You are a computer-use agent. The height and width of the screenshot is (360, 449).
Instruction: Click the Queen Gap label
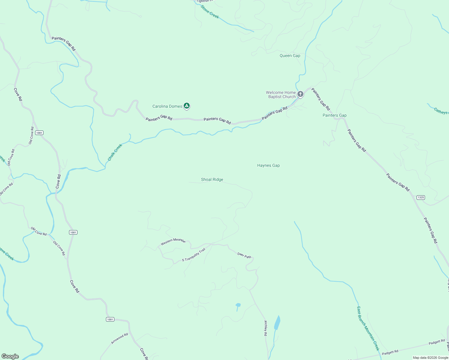pos(290,55)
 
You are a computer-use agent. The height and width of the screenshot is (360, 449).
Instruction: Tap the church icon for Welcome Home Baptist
pos(300,94)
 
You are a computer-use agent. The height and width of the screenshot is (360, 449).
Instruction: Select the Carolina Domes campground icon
pos(187,106)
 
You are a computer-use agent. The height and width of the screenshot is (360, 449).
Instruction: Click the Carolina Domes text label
pos(167,106)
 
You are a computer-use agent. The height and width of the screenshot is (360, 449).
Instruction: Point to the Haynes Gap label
pos(268,165)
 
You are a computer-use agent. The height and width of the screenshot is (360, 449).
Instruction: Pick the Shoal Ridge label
pos(212,179)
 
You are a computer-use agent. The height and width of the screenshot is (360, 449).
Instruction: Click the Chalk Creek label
pos(115,152)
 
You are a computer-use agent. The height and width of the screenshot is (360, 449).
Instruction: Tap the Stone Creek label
pos(209,12)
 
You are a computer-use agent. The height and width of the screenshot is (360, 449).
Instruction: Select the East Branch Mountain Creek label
pos(368,328)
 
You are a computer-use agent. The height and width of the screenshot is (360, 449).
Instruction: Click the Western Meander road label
pos(173,241)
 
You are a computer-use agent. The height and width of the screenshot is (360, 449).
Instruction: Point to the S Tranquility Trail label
pos(194,255)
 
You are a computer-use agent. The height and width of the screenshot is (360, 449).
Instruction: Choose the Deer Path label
pos(244,256)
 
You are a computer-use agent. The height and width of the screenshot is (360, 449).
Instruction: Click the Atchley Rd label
pos(266,328)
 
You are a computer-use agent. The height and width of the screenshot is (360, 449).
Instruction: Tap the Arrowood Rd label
pos(119,338)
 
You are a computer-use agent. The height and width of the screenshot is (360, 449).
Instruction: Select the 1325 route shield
pos(421,197)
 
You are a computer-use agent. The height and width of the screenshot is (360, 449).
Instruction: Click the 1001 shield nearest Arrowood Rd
pos(110,319)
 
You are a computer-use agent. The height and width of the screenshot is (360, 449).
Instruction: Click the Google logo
pos(10,356)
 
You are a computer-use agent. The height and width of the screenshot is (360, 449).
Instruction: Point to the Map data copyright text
pos(430,358)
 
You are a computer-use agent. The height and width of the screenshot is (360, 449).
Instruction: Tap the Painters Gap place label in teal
pos(334,115)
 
